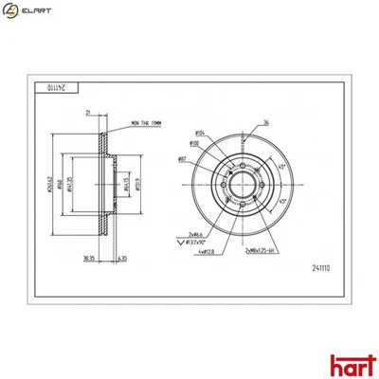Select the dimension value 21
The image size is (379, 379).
pos(87,113)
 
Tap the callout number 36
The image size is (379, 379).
pos(266,123)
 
